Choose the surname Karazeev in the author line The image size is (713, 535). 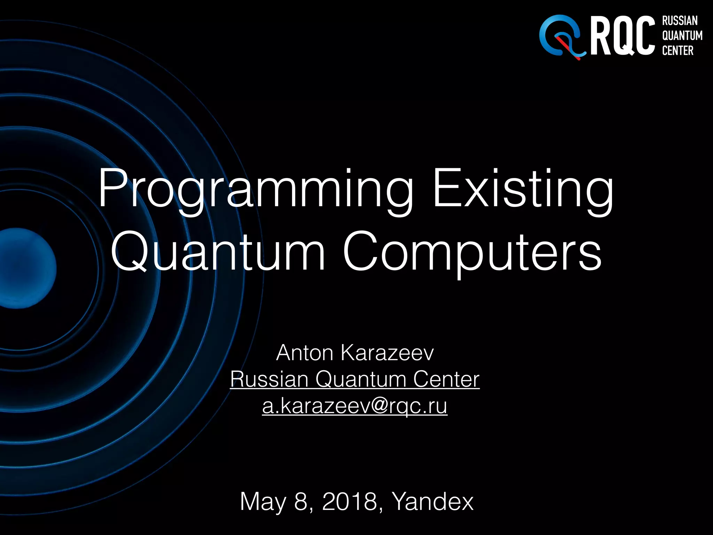(387, 353)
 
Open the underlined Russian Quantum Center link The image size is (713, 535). (355, 379)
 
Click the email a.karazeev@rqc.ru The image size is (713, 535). (355, 406)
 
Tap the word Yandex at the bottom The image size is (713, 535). (433, 502)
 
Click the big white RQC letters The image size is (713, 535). (622, 36)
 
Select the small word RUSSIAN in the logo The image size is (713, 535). (680, 21)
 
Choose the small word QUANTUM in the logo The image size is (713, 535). (682, 36)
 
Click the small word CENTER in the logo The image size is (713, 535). (677, 51)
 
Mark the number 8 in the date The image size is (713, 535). (300, 502)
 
